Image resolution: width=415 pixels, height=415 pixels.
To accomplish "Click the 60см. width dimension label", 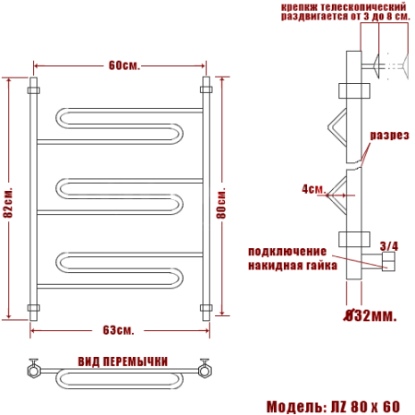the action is pyautogui.click(x=125, y=65).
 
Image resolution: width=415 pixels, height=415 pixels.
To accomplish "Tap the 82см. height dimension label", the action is pyautogui.click(x=8, y=202).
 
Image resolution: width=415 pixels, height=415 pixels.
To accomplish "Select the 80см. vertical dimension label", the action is pyautogui.click(x=221, y=203).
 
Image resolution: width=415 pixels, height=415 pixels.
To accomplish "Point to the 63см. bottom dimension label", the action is pyautogui.click(x=118, y=330).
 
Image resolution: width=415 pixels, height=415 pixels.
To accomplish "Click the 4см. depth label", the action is pyautogui.click(x=314, y=189).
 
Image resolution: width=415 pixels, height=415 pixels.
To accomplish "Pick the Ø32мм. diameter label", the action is pyautogui.click(x=370, y=315).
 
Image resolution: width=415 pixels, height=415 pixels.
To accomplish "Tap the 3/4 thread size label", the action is pyautogui.click(x=389, y=246).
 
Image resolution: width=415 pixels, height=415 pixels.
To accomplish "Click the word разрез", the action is pyautogui.click(x=389, y=136).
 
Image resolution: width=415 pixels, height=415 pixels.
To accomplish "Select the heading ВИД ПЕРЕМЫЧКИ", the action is pyautogui.click(x=123, y=362).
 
